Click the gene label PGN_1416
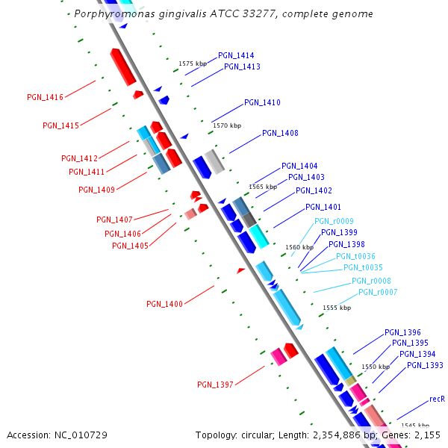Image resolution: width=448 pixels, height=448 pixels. pos(45,97)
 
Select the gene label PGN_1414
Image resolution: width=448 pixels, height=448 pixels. pos(236,56)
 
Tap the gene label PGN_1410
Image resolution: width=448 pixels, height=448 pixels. pos(262,103)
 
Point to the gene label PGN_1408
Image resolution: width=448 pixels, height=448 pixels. pos(280,134)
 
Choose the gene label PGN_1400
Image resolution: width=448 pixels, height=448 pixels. pos(164,304)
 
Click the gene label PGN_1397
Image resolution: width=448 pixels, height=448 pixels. pos(215,385)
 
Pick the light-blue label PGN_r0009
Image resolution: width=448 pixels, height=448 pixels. pos(334,221)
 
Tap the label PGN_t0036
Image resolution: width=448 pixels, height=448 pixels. pos(355,256)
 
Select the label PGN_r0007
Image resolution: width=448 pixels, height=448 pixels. pos(378,292)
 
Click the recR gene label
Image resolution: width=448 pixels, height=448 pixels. pos(438,399)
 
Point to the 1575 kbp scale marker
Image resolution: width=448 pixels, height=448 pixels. pos(191,64)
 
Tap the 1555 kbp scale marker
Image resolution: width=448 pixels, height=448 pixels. pos(336,308)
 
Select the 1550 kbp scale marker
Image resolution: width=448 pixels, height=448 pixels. pos(376,367)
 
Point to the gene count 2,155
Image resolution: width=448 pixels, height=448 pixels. pos(426,435)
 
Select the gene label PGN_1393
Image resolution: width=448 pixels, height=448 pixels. pos(425,366)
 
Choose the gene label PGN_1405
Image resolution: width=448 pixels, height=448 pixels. pos(130,246)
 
